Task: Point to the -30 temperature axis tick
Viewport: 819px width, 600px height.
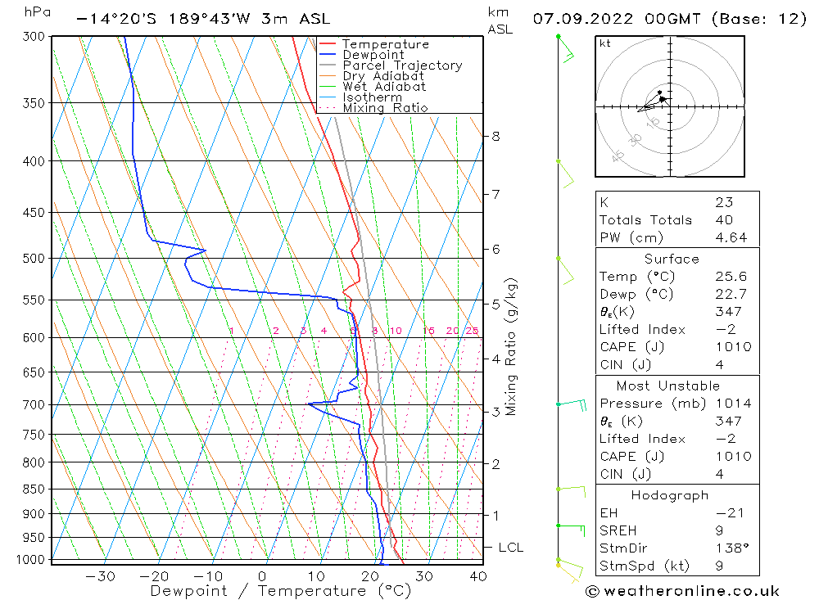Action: (x=100, y=576)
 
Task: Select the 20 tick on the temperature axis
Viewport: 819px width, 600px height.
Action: (x=370, y=576)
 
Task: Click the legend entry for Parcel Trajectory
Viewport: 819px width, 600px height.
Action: (x=402, y=65)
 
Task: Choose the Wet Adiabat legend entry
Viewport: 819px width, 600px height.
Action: (x=384, y=87)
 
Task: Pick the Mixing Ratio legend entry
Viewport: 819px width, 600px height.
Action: (x=385, y=108)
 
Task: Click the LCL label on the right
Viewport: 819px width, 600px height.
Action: (x=510, y=547)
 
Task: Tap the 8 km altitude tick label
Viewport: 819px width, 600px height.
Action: (x=495, y=136)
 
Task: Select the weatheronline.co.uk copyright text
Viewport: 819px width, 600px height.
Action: (x=683, y=591)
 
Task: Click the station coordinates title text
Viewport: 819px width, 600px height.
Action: (x=203, y=18)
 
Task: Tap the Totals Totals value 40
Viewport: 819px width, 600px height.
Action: (x=723, y=219)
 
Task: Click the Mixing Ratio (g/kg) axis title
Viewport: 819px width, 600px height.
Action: (x=512, y=347)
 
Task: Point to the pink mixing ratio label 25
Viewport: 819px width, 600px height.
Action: (x=472, y=331)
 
